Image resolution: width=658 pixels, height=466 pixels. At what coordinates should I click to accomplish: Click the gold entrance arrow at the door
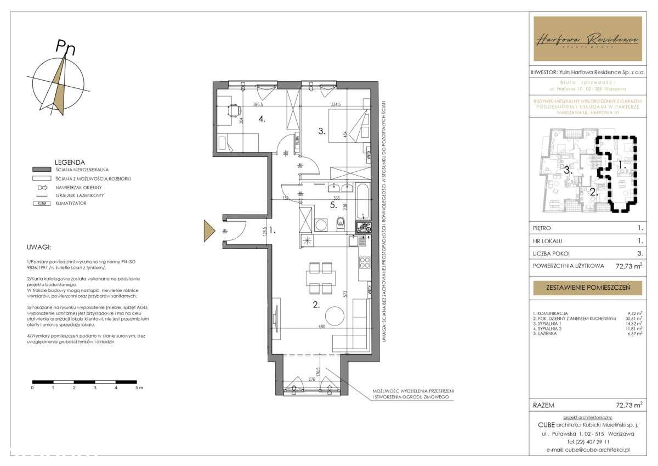click(209, 231)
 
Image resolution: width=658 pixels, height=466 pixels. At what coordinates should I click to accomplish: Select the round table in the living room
click(335, 316)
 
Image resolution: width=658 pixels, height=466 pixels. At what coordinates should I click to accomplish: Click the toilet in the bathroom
click(341, 222)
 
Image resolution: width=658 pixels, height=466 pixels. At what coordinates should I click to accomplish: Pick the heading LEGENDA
click(70, 162)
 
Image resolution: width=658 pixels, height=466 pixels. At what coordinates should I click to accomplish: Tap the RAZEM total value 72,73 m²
click(628, 405)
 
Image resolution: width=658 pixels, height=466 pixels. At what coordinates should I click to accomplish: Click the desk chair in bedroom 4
click(234, 110)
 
